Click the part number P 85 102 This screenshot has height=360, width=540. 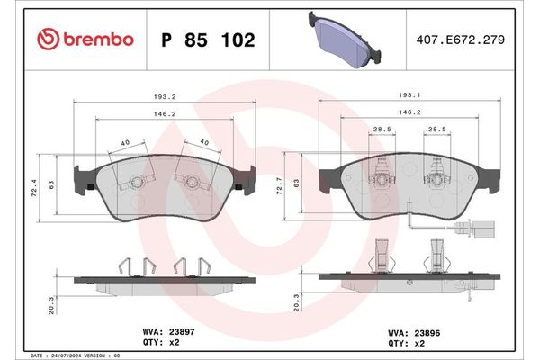pyautogui.click(x=207, y=40)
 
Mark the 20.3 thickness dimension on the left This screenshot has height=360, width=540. pyautogui.click(x=52, y=305)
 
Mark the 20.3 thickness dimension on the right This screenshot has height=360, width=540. pyautogui.click(x=299, y=305)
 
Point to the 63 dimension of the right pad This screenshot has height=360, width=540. pyautogui.click(x=298, y=185)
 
